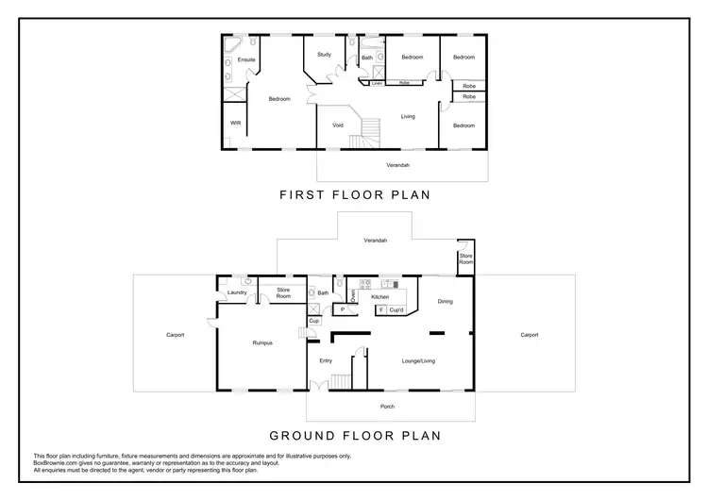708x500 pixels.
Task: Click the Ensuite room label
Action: point(246,60)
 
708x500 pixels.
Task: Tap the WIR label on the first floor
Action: point(235,123)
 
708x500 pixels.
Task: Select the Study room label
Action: point(324,55)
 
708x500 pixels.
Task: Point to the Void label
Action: point(337,125)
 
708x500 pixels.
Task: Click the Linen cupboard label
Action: point(376,83)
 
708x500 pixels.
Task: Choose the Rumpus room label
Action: point(263,342)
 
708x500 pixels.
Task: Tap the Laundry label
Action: point(237,292)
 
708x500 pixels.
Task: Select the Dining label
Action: point(445,302)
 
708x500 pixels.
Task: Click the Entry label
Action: point(326,360)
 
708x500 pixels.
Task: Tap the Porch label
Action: point(387,407)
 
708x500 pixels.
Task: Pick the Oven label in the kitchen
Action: point(352,295)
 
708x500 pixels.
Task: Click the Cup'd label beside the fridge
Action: point(396,310)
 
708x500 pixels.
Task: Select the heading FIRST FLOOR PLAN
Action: point(354,196)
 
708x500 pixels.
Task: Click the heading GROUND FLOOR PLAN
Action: point(354,436)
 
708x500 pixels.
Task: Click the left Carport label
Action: point(176,335)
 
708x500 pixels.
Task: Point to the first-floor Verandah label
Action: point(398,165)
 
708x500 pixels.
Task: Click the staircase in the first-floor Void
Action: point(368,132)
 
